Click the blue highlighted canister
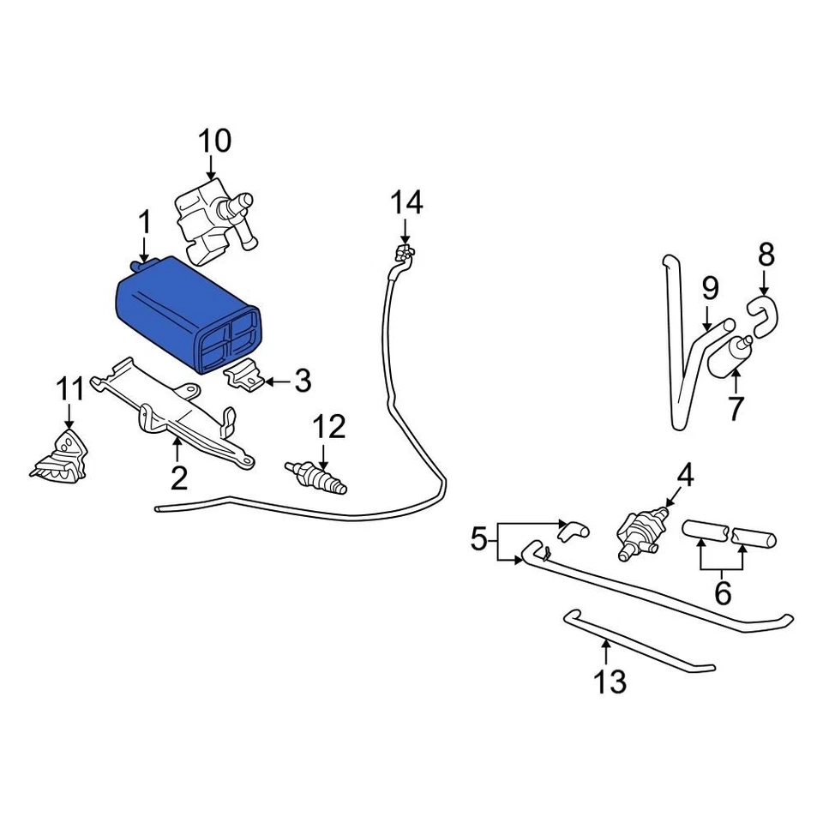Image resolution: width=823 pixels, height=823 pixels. pos(184,313)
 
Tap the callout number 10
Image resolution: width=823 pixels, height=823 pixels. pos(215,140)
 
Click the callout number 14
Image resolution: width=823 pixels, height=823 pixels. pos(407,203)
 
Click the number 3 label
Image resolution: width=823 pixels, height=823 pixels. pos(302,381)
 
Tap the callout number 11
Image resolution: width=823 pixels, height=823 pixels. pos(72,388)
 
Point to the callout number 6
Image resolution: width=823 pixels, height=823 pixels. pos(723,592)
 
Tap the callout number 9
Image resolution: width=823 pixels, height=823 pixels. pos(710,289)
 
